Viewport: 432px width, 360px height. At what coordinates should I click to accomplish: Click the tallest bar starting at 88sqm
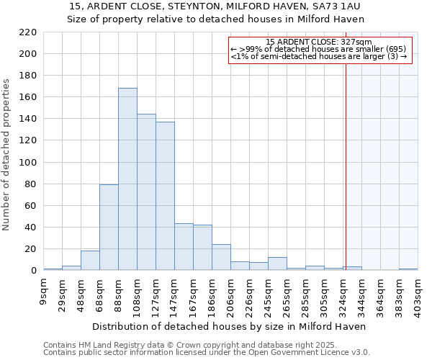click(x=127, y=179)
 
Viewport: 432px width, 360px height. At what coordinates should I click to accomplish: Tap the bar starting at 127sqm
click(x=165, y=196)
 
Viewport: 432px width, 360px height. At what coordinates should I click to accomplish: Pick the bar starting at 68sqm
click(x=109, y=228)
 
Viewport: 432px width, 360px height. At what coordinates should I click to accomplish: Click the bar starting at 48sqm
click(x=90, y=261)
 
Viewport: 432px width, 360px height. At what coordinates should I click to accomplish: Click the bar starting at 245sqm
click(x=277, y=264)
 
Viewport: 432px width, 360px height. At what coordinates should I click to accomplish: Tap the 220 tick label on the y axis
click(x=28, y=32)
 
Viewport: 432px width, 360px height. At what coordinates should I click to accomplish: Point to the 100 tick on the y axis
click(x=28, y=163)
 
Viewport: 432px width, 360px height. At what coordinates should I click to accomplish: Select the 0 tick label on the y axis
click(x=33, y=271)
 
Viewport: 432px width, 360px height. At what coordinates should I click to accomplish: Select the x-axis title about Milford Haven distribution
click(x=230, y=326)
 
